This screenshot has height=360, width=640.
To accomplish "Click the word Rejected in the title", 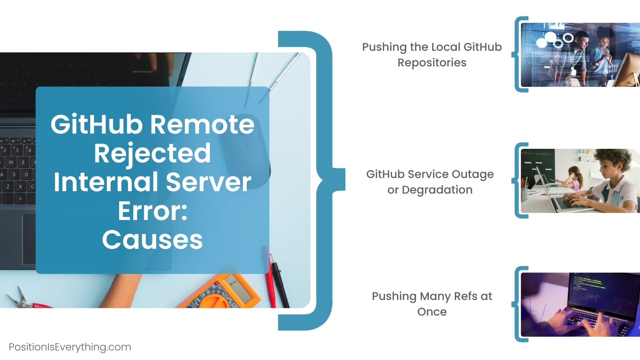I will coord(152,154).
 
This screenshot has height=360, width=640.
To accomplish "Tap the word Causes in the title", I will coord(152,240).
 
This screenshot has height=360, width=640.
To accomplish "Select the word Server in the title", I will coord(208,182).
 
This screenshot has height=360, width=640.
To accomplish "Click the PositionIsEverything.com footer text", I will coord(70,347).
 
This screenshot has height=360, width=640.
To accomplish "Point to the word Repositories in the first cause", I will coord(432,63).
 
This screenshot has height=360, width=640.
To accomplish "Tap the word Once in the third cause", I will coord(432,312).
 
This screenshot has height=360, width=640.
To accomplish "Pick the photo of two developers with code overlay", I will coord(580,55).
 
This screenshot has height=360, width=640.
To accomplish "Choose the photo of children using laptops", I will coord(580,181).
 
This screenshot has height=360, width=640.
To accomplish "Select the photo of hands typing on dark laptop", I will coord(580,304).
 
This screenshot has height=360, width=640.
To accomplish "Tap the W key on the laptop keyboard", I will coord(11,162).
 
